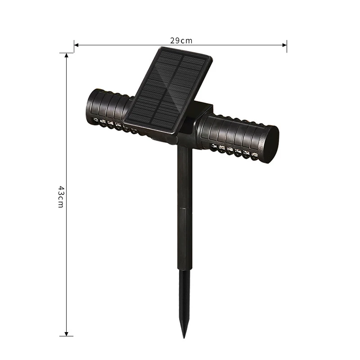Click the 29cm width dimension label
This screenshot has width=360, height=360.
tap(181, 40)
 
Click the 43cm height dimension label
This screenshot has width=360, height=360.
tap(61, 197)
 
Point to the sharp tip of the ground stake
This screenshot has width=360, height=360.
tap(184, 338)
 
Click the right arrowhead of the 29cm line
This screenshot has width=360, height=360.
tap(284, 45)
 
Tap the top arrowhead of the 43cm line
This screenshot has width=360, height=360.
tap(66, 55)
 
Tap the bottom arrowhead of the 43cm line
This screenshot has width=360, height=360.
tap(66, 333)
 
